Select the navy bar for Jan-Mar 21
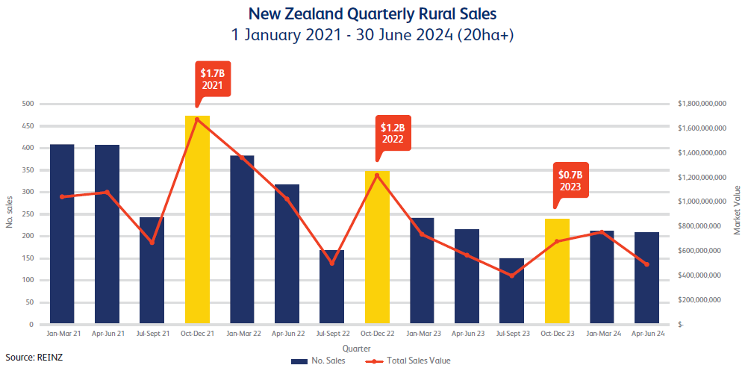(x=62, y=235)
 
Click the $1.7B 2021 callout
(x=213, y=79)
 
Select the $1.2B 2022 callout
(x=393, y=133)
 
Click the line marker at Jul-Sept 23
(x=512, y=275)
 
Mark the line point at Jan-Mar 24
(x=602, y=232)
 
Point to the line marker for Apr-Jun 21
(x=107, y=192)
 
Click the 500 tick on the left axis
(x=28, y=104)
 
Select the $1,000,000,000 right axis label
(x=702, y=202)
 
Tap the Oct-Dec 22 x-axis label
(x=377, y=334)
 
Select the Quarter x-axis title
(x=355, y=349)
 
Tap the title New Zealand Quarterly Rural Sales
(x=372, y=13)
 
